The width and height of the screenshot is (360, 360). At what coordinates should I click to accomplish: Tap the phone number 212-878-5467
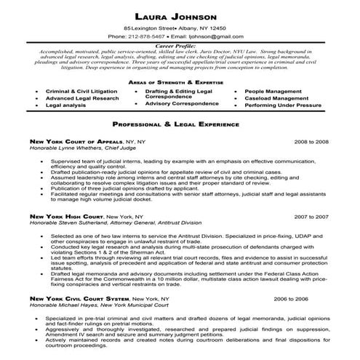pos(145,36)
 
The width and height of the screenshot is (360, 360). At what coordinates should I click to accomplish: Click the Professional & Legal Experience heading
pos(180,124)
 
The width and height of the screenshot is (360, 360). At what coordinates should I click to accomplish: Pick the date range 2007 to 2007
pos(312,217)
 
